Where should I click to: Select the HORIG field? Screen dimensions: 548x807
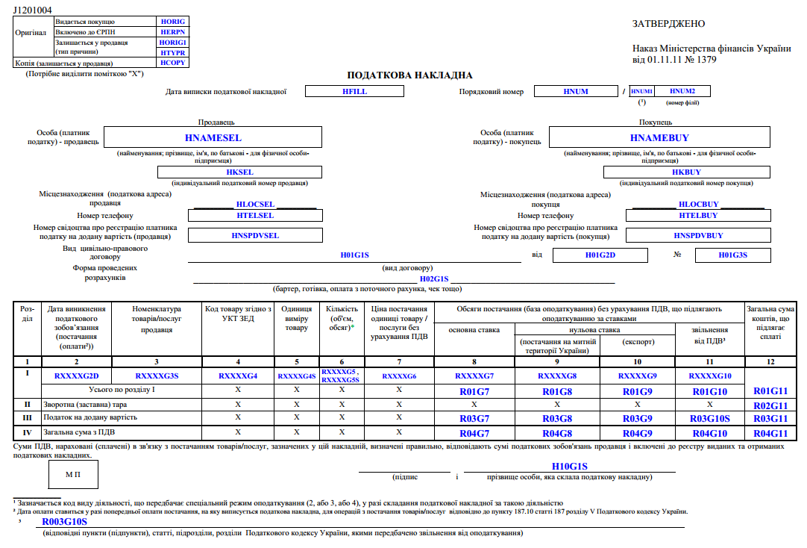coord(173,22)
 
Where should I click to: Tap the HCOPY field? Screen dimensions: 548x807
coord(173,63)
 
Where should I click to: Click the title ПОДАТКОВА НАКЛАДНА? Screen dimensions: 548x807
coord(409,75)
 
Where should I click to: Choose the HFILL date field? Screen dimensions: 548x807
coord(354,91)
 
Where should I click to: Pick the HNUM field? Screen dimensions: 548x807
coord(576,91)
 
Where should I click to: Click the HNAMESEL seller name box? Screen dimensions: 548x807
coord(213,137)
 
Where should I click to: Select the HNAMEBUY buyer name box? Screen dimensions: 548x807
coord(659,137)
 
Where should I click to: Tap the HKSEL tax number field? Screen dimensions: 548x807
coord(239,172)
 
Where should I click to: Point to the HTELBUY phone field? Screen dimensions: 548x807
coord(698,216)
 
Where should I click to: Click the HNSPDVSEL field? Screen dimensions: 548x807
coord(255,235)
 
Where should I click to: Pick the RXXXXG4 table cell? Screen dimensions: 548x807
coord(238,376)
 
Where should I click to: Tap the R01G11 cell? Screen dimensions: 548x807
coord(770,390)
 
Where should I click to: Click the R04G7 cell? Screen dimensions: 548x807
coord(474,433)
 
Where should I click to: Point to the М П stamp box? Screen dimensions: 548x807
coord(73,473)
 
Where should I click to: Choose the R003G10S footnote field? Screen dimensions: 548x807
coord(65,522)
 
